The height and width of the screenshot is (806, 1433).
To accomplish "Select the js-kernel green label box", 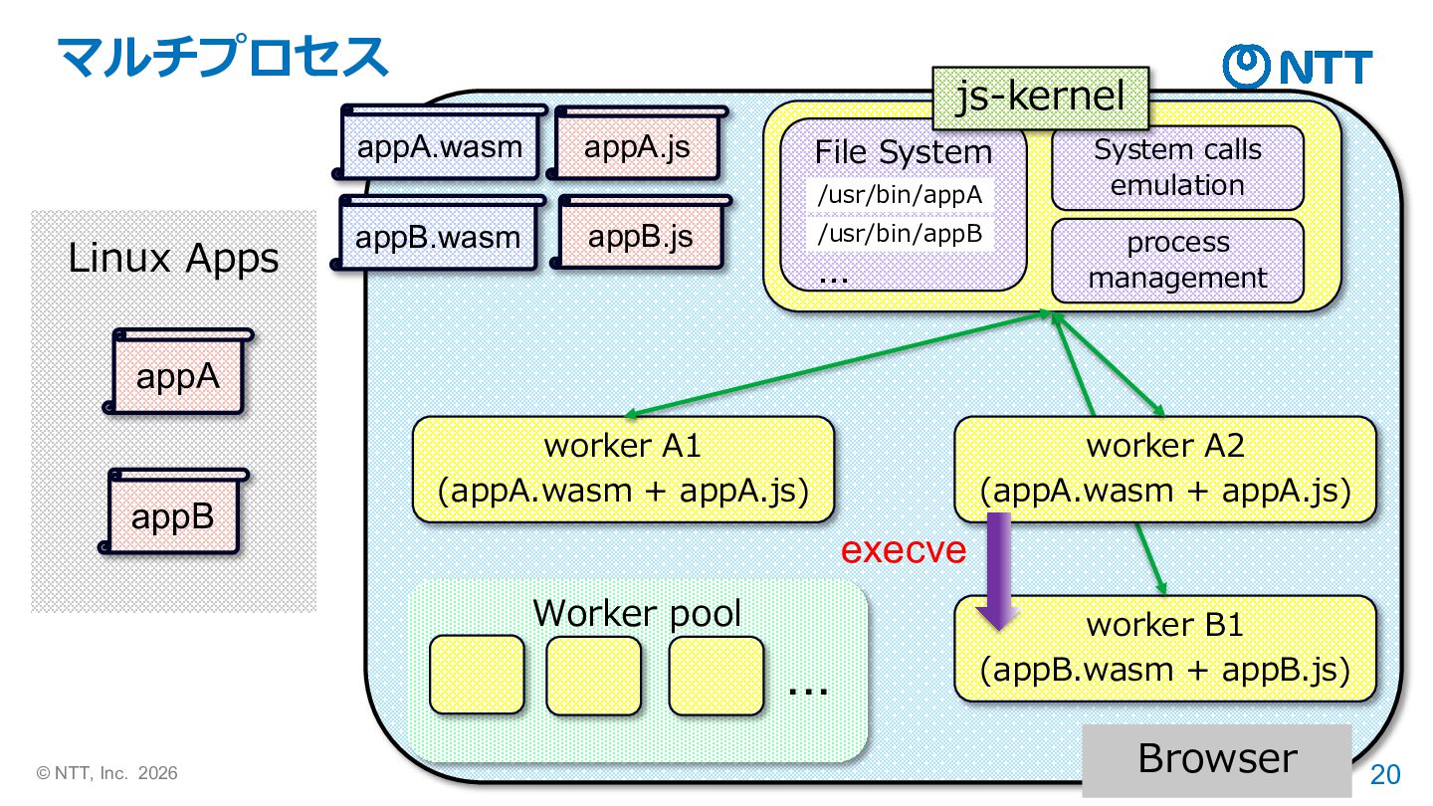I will point(1040,98).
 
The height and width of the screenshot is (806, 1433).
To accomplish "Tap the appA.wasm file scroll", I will point(439,148).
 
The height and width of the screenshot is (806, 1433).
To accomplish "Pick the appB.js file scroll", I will point(640,237).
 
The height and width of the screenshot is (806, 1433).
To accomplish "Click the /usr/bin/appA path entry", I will point(899,196).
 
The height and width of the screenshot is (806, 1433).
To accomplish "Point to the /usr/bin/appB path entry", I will point(899,235).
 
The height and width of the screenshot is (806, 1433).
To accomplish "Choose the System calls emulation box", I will point(1177,168).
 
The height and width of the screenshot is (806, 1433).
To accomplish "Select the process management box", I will point(1177,261).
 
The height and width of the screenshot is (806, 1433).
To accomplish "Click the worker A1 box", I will point(623,469).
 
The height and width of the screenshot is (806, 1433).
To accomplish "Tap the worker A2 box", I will point(1164,469).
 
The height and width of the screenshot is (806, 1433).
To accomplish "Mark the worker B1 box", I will point(1164,648).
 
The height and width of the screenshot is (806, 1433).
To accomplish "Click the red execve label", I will point(904,550).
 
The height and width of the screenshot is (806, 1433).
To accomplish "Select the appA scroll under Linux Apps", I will point(178,376).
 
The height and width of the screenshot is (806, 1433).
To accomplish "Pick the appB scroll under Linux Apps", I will point(174,516).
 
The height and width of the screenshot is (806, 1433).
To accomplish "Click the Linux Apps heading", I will point(173,259).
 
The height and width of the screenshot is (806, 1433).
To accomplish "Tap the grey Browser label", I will point(1216,758).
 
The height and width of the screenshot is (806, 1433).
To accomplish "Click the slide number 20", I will point(1385,774).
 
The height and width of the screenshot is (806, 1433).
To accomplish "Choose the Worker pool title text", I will point(637,613).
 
